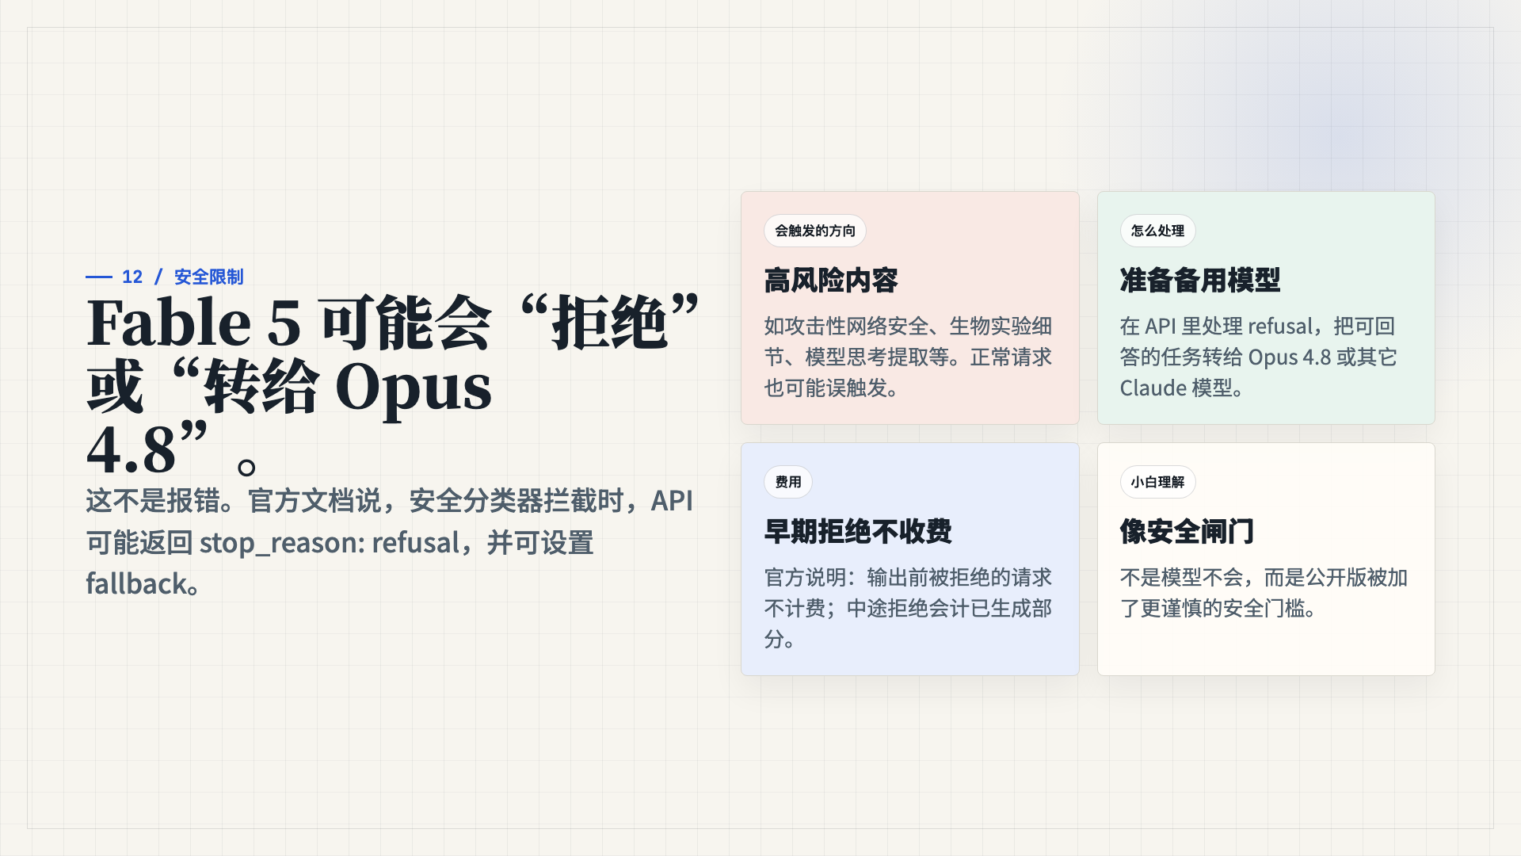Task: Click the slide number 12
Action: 132,277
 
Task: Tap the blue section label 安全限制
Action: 208,277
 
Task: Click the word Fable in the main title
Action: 169,323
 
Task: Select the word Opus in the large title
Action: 413,388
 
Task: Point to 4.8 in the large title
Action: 131,449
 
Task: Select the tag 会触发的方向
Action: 815,231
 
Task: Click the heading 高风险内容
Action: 831,281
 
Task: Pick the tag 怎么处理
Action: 1157,231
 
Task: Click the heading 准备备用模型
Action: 1200,281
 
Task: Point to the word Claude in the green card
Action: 1153,388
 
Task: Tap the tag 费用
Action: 788,482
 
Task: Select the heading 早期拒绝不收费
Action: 858,532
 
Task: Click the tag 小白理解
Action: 1157,482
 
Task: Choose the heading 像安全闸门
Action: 1187,532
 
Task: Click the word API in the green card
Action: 1161,327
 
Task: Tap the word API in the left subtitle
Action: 672,501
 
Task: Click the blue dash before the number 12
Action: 99,277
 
